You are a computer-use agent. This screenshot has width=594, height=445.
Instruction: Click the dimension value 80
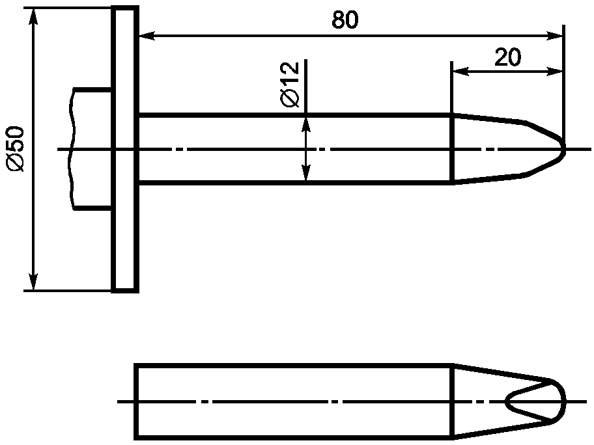[345, 20]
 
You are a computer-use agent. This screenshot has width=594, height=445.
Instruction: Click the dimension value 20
[507, 57]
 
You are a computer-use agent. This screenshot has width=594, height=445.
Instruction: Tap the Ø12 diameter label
[290, 85]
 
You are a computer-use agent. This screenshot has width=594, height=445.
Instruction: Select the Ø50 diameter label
[15, 149]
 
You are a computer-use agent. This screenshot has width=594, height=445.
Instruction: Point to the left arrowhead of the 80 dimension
[147, 36]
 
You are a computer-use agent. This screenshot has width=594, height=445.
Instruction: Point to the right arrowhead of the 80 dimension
[555, 36]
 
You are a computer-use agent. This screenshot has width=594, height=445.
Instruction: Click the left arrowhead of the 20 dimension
[460, 71]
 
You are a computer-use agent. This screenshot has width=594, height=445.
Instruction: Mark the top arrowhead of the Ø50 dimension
[34, 16]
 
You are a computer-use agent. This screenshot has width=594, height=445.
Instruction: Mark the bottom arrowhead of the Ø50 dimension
[34, 282]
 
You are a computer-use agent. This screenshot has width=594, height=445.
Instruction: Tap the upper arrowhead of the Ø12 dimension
[306, 124]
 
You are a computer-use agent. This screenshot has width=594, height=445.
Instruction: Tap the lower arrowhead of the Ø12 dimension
[306, 172]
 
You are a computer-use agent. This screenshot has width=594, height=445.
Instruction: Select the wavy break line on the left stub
[71, 149]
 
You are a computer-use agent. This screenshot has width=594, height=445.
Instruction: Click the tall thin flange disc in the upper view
[125, 149]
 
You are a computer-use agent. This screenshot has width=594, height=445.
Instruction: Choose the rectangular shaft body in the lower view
[294, 401]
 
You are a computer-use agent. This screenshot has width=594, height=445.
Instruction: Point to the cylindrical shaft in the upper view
[296, 149]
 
